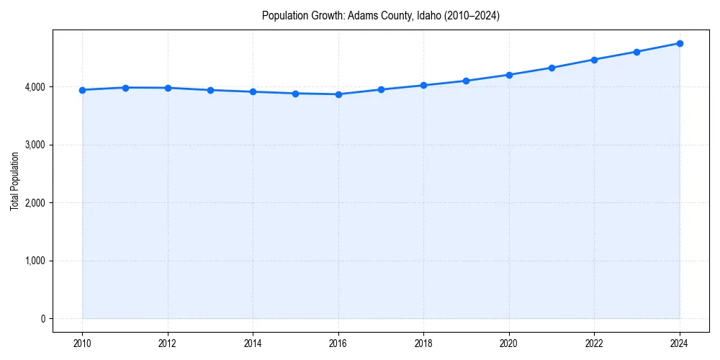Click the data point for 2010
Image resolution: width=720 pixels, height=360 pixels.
coord(82,90)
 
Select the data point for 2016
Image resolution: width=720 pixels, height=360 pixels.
coord(338,94)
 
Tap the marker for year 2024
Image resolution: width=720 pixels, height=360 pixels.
coord(680,43)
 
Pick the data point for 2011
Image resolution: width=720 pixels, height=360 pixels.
coord(125,88)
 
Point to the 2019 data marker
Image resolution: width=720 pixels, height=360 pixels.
coord(467,81)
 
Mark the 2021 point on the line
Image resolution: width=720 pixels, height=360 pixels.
coord(552,68)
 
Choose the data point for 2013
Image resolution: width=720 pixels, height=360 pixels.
coord(210,90)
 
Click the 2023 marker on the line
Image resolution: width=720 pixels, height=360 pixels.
coord(636,52)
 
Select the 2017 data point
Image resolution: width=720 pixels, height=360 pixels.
coord(381,89)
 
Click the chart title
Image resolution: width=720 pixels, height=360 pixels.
coord(381,15)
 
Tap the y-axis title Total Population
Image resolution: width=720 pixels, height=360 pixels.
coord(14,181)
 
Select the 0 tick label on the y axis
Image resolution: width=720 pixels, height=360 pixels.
coord(42,319)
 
